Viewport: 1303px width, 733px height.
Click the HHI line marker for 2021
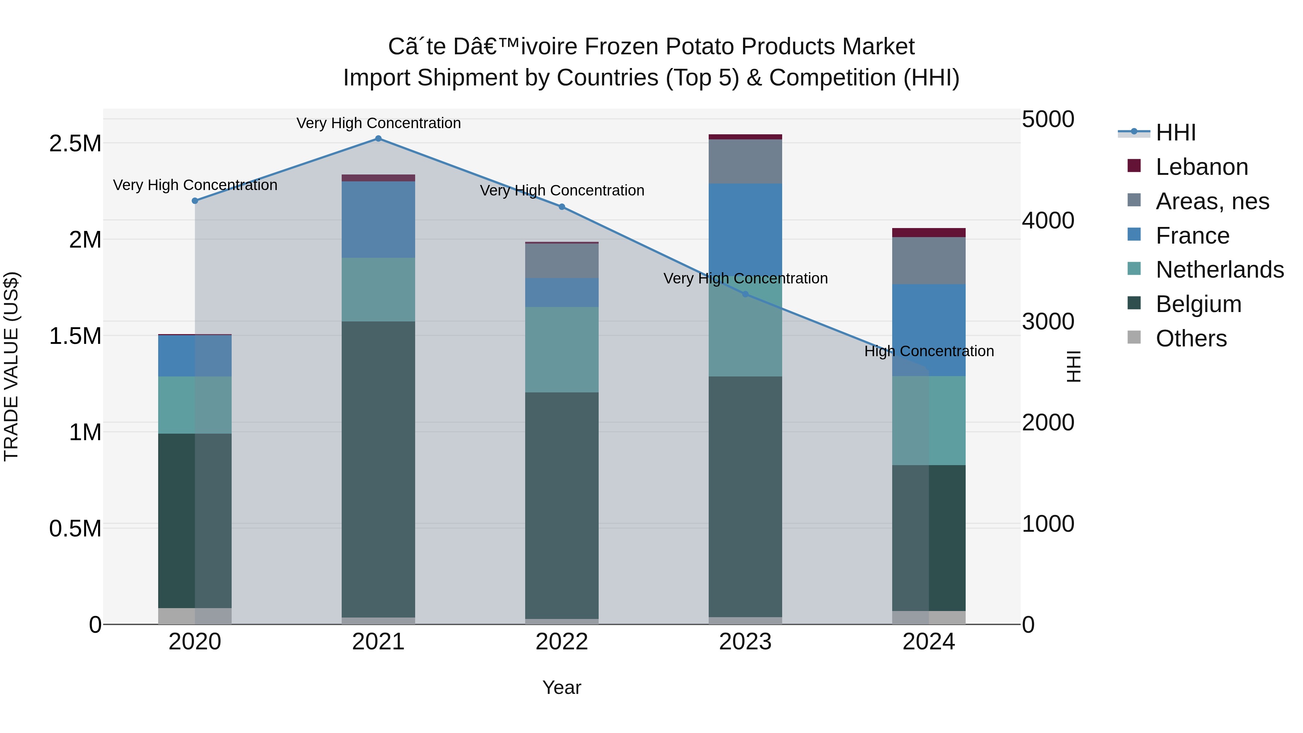(378, 139)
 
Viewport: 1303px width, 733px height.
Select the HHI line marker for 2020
(195, 201)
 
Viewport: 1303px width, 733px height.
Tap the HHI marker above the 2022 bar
(561, 207)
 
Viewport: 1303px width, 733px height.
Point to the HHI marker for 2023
(745, 294)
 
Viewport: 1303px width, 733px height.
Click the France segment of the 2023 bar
(745, 228)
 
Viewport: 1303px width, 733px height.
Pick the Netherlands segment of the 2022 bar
(561, 349)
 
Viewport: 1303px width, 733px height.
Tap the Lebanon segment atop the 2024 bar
(929, 233)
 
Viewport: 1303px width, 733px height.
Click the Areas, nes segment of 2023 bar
(745, 161)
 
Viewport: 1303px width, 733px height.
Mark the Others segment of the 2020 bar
(195, 616)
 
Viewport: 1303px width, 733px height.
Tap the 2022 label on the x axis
(561, 642)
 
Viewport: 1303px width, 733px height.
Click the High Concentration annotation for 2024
(929, 351)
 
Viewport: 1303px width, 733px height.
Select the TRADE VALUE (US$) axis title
(11, 366)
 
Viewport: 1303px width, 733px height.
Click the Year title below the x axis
(561, 687)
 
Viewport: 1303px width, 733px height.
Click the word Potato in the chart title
(695, 47)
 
